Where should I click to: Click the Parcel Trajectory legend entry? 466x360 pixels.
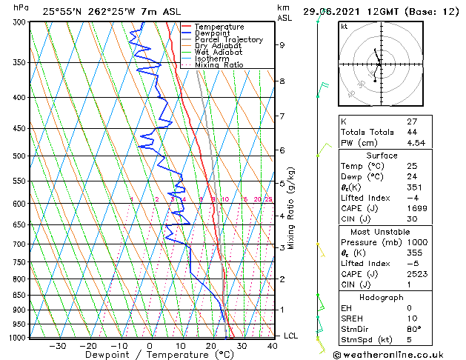point(229,39)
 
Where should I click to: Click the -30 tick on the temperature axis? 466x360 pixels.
point(57,346)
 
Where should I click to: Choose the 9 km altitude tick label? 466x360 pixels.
point(282,44)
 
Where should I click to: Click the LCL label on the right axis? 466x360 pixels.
point(291,336)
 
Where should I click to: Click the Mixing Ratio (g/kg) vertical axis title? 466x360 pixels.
point(292,208)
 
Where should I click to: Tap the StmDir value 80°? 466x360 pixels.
point(414,328)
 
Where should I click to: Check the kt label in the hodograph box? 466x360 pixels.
point(344,26)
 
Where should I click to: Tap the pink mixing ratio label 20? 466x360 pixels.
point(257,199)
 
